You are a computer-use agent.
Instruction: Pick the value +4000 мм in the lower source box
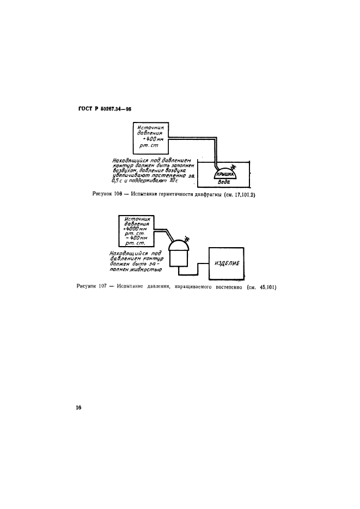pos(136,229)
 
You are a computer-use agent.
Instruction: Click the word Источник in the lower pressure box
pos(136,218)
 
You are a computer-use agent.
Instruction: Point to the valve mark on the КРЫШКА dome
pos(233,166)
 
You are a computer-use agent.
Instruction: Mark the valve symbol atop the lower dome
pos(187,238)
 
